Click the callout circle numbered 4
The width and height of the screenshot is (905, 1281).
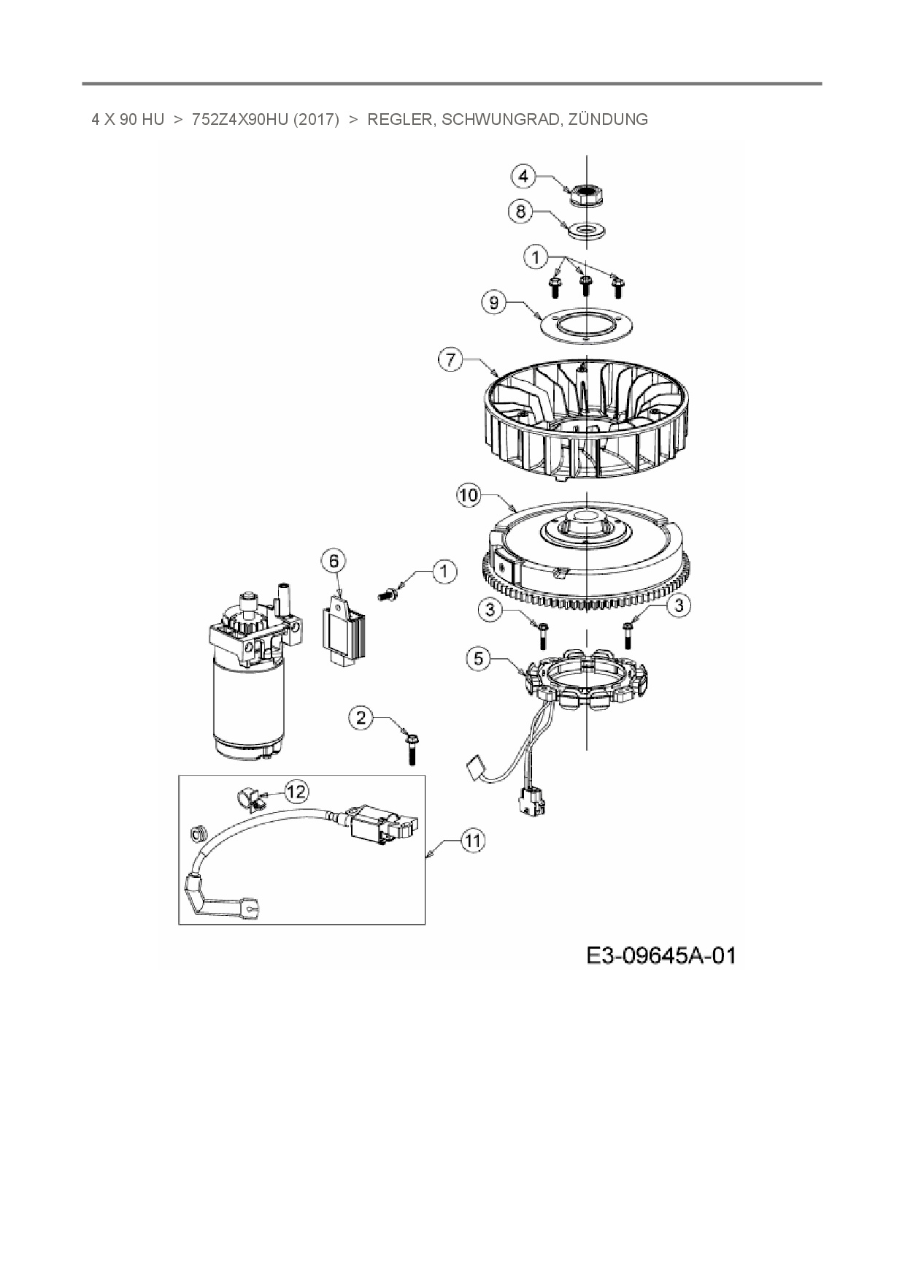(x=524, y=176)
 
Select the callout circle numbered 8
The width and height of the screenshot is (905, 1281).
(x=520, y=212)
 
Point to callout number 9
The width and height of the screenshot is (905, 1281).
(x=494, y=302)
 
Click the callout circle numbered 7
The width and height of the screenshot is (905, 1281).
(x=450, y=359)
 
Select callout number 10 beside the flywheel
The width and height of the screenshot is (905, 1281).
(x=469, y=495)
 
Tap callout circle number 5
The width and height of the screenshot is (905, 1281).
(x=479, y=659)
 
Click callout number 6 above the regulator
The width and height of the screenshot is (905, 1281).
(x=334, y=561)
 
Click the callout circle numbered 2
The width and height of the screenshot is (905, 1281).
(x=361, y=717)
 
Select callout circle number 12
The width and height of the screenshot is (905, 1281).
(x=296, y=791)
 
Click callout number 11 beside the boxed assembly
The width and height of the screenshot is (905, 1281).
(x=474, y=841)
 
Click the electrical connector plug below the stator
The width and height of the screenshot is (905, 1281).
(x=531, y=802)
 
